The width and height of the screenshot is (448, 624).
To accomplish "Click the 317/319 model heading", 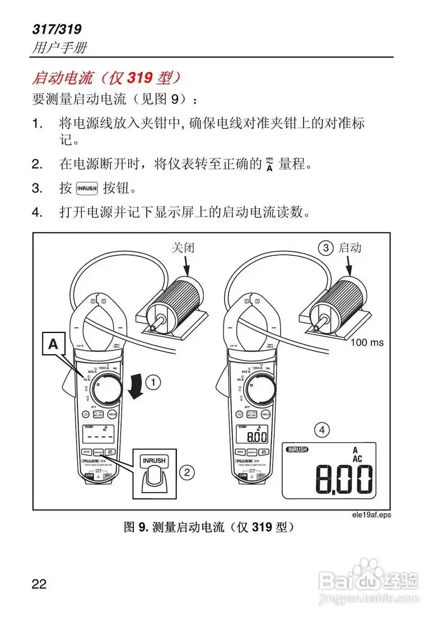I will point(58,29).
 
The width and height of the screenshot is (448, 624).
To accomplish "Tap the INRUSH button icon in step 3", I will point(87,188).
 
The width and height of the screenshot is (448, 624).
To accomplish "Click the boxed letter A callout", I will point(53,344).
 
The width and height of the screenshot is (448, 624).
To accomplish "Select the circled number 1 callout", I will point(153,383).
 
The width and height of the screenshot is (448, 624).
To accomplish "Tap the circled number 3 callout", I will point(325,247).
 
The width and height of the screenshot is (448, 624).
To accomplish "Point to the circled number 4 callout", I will point(321,430).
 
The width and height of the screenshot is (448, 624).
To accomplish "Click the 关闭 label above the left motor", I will point(183,247).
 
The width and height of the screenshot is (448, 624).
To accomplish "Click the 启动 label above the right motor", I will point(351,247).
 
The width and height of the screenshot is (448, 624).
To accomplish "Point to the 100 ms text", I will point(367,342).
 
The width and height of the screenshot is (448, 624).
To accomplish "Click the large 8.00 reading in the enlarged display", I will point(344,480).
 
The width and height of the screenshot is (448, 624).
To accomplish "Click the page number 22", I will point(39,584).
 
